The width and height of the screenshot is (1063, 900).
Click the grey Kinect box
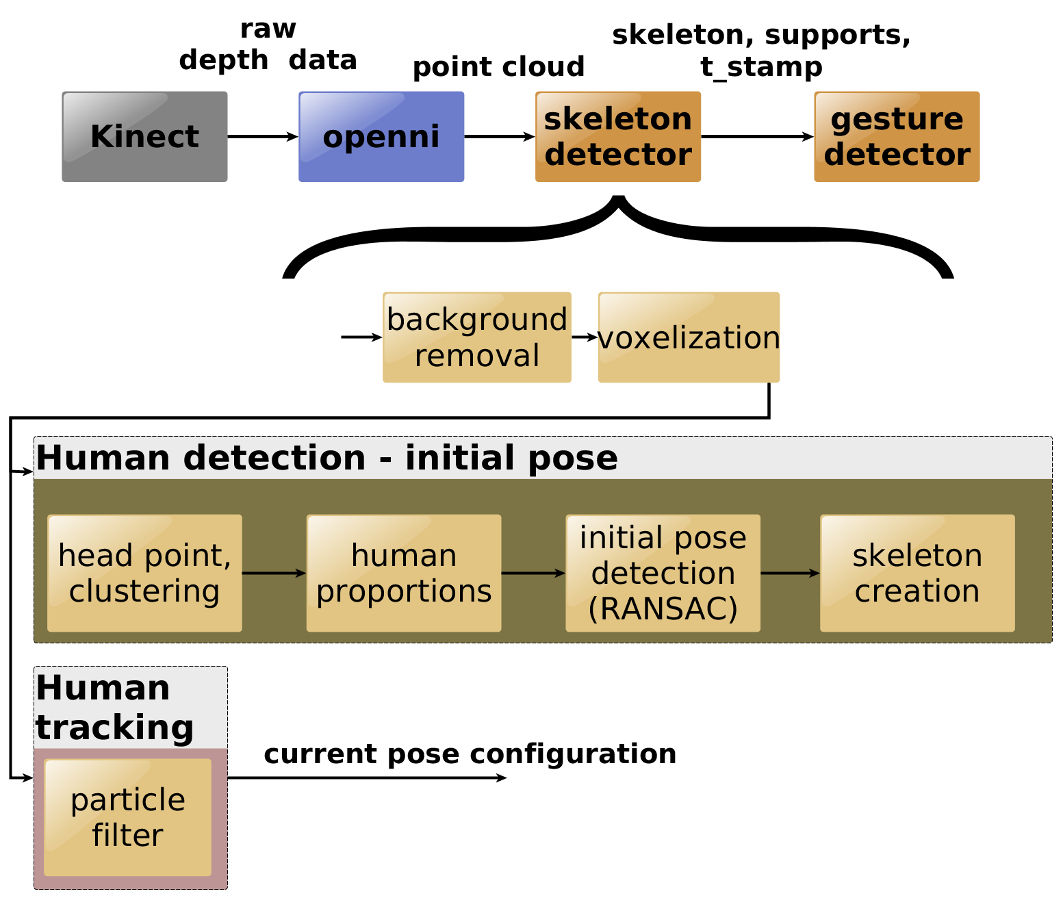(x=144, y=137)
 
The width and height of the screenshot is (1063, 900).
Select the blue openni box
(x=381, y=137)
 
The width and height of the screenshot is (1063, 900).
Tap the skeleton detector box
(x=617, y=137)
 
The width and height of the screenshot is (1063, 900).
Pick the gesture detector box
(x=897, y=137)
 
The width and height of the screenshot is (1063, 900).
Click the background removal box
(x=476, y=337)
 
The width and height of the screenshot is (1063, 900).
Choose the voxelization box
(x=689, y=337)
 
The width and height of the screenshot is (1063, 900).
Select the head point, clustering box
(x=144, y=573)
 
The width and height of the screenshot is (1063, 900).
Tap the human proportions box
(x=404, y=573)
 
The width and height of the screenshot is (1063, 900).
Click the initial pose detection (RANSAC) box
(x=663, y=573)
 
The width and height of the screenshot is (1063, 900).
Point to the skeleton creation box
(x=917, y=573)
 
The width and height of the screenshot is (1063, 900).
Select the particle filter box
(x=127, y=817)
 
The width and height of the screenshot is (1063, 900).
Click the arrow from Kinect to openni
(x=263, y=137)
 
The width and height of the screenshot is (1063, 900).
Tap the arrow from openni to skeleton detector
(x=500, y=137)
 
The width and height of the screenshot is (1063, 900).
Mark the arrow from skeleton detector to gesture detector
(x=758, y=137)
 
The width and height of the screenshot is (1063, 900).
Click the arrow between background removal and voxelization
(x=585, y=337)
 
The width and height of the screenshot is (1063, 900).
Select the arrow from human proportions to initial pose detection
(x=533, y=573)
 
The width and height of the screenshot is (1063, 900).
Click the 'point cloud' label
(x=499, y=67)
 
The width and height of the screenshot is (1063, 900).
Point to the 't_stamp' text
(x=761, y=67)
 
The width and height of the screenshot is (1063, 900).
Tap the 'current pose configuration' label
(x=470, y=754)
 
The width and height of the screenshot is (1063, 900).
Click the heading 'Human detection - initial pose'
(x=327, y=458)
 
